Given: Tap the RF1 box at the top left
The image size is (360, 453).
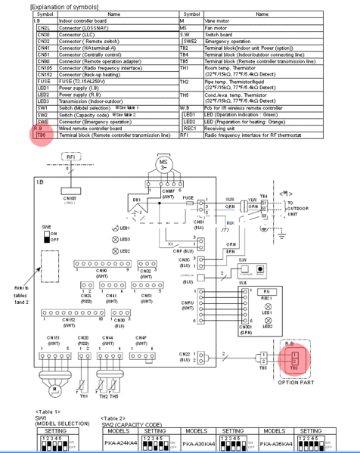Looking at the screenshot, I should click(x=50, y=157).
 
